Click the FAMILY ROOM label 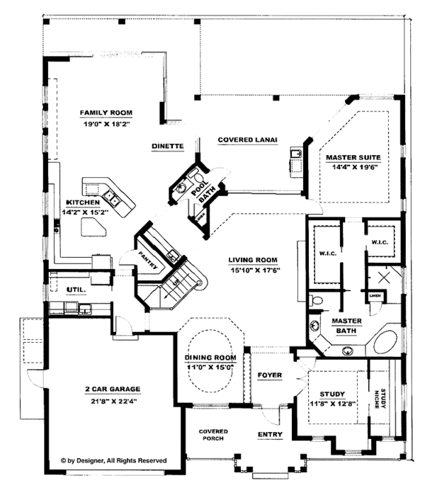pos(106,113)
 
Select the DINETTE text pos(167,146)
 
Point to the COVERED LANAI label pos(246,140)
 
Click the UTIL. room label pos(76,290)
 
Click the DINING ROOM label pos(210,358)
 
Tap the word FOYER pos(269,374)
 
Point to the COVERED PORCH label pos(212,435)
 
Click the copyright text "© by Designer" pos(113,460)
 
